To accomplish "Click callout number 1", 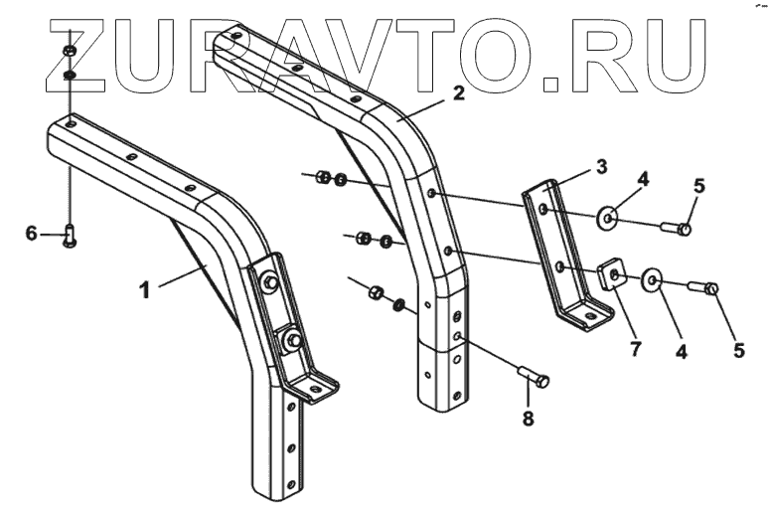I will [145, 291].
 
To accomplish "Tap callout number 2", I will [457, 94].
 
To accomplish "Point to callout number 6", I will [32, 233].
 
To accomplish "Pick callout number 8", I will [528, 420].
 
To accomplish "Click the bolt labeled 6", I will [71, 235].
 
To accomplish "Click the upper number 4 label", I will [643, 180].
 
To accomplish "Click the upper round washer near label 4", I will [610, 216].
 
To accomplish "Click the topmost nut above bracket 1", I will [68, 51].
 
